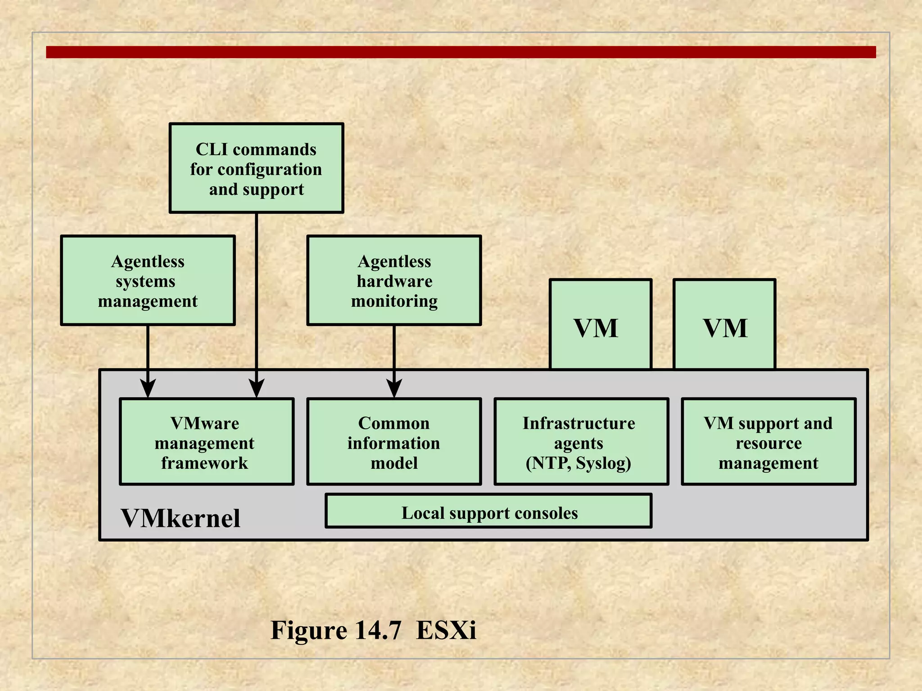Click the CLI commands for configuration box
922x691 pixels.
(x=256, y=168)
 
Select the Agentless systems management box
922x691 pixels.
(x=148, y=280)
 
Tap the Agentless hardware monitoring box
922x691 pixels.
(x=394, y=280)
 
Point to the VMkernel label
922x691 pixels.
(x=181, y=518)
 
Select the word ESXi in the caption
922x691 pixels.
(x=446, y=630)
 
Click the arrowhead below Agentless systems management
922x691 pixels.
(x=148, y=388)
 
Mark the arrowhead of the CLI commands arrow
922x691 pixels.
(x=257, y=388)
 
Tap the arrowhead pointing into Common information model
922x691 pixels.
(x=394, y=388)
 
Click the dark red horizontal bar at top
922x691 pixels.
(x=461, y=52)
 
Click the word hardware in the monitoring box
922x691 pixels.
(x=394, y=281)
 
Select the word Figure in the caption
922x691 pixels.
(x=308, y=630)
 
